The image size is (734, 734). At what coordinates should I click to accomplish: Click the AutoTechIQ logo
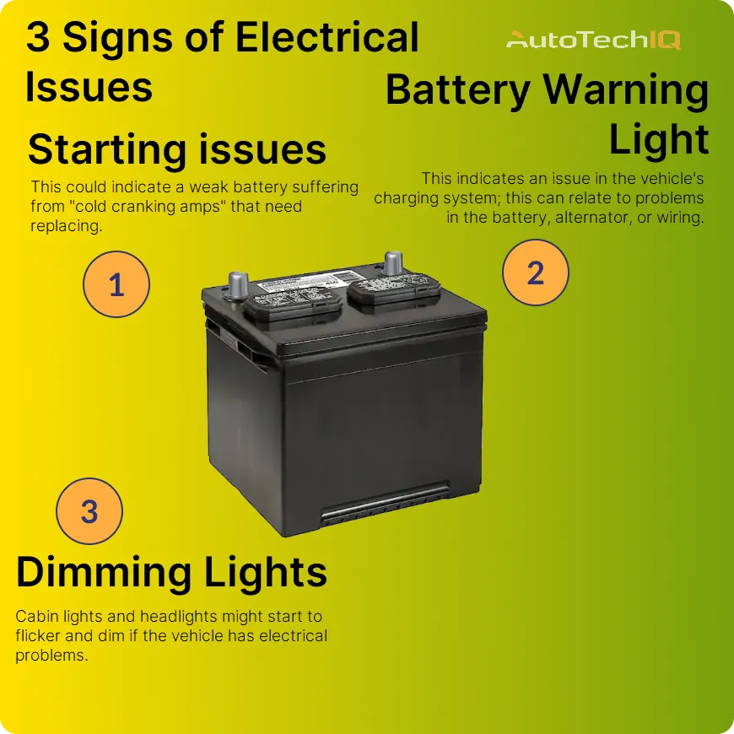592,39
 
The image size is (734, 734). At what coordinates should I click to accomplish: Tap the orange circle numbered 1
116,284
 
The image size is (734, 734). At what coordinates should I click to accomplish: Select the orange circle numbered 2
535,273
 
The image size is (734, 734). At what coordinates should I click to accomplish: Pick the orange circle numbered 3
89,511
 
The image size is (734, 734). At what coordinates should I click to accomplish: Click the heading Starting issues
177,150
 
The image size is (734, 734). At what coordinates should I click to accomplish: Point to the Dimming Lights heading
171,572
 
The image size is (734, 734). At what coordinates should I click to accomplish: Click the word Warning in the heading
625,90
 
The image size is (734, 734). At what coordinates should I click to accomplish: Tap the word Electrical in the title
327,38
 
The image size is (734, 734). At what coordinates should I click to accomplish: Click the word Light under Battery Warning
658,140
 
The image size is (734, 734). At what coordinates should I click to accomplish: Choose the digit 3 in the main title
38,38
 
